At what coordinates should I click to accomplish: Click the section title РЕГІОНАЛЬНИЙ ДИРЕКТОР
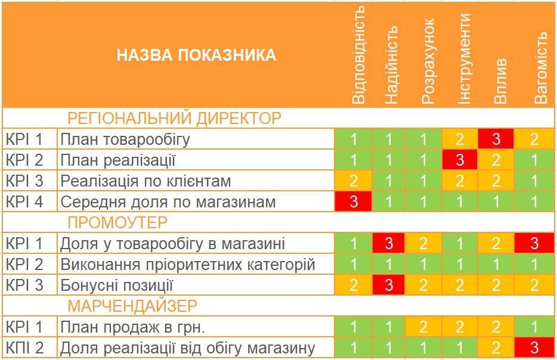click(x=174, y=118)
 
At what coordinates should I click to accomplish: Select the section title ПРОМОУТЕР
click(x=117, y=222)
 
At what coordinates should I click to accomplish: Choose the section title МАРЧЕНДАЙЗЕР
click(x=132, y=306)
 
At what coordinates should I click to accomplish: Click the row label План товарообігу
click(x=125, y=139)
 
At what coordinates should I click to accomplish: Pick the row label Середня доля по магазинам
click(x=168, y=201)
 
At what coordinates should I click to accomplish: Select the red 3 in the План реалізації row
click(x=459, y=160)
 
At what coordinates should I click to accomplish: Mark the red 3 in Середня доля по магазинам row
click(x=353, y=201)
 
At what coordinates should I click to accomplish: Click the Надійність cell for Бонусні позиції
click(x=389, y=285)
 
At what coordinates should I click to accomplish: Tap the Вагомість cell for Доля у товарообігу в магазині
click(x=534, y=243)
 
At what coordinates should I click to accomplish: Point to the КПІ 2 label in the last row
click(x=24, y=347)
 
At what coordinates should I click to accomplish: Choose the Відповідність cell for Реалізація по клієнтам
click(x=353, y=181)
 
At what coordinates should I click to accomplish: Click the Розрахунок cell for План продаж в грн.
click(x=423, y=327)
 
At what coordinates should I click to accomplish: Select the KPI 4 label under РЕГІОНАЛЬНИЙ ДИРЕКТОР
click(x=24, y=201)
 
